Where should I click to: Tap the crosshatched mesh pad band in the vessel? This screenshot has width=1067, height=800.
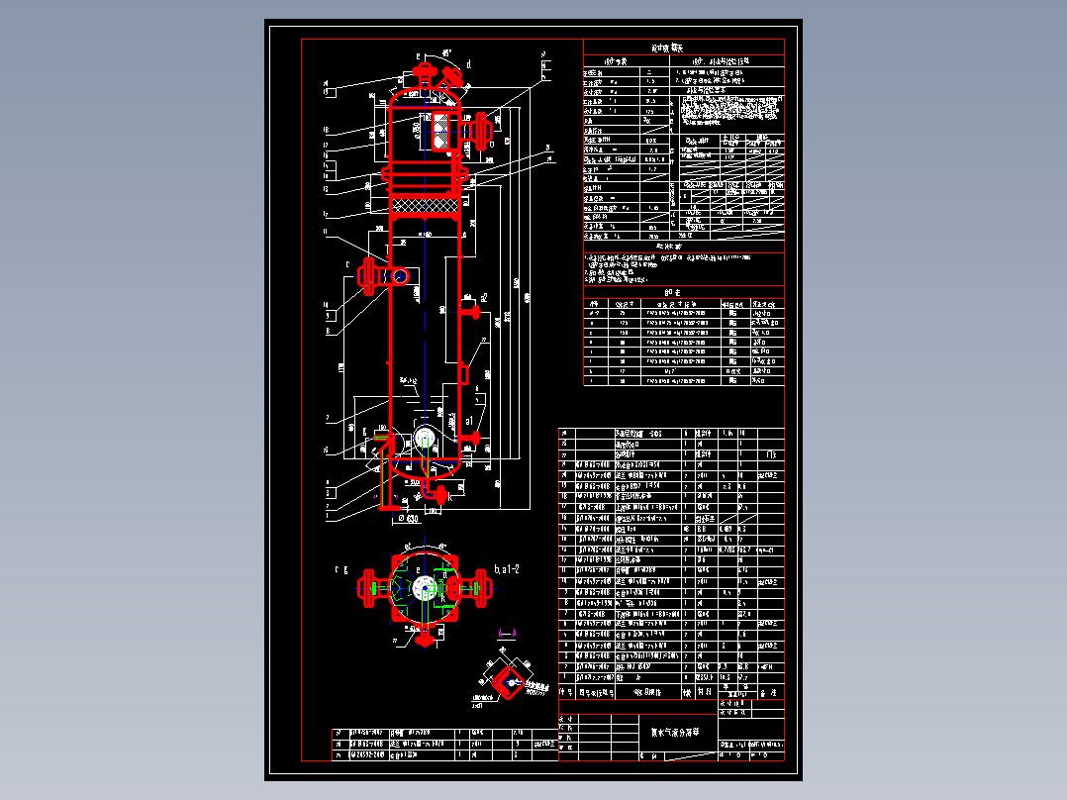(427, 205)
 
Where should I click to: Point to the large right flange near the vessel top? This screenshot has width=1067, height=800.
(484, 128)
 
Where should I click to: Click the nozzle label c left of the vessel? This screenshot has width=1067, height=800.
(347, 265)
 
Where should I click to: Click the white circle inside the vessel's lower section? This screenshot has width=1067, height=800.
(426, 439)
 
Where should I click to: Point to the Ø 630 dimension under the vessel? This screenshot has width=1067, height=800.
(407, 518)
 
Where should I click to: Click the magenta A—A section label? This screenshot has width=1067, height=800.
(507, 633)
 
